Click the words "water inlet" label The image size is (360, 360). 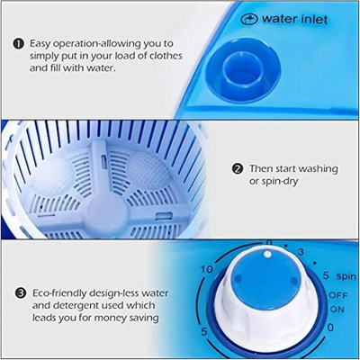[x=294, y=19]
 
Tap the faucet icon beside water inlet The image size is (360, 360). [x=249, y=20]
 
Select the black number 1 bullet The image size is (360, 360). [x=18, y=44]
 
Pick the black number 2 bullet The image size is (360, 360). [x=238, y=169]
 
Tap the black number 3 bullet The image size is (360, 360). [x=21, y=293]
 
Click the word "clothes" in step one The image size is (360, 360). [x=166, y=56]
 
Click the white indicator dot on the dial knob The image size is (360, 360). [x=267, y=255]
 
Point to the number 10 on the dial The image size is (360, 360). [x=207, y=269]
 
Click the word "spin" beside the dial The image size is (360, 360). [x=346, y=276]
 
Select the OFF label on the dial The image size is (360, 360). [x=338, y=295]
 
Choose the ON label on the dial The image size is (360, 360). [x=337, y=309]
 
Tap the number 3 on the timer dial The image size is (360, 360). [x=301, y=252]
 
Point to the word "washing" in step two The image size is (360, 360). [x=318, y=169]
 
